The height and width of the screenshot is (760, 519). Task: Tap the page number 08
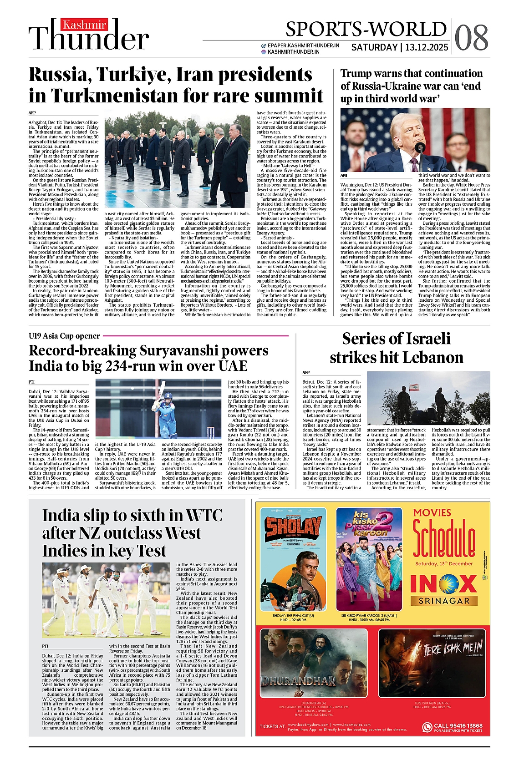coord(471,37)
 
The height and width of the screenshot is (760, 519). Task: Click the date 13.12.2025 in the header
coord(427,47)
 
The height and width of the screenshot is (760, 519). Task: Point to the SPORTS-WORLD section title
coord(366,29)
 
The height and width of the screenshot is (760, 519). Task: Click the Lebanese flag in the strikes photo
coord(414,387)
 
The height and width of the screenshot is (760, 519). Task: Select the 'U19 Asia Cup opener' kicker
coord(64,336)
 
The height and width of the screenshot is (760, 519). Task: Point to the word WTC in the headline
coord(204,515)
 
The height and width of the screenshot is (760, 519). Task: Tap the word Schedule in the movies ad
coord(443,540)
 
